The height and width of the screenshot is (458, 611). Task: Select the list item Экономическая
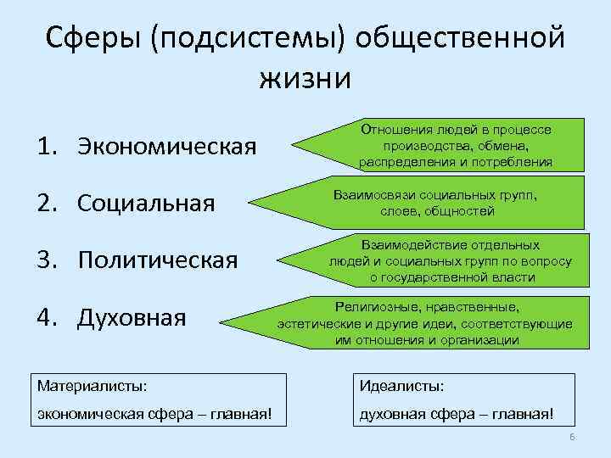[x=167, y=147]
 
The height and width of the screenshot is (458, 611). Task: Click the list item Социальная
[x=145, y=204]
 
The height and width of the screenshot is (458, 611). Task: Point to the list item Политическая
[x=158, y=260]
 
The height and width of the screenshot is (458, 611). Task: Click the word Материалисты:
[x=92, y=386]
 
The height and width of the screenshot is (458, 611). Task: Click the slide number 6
[x=572, y=437]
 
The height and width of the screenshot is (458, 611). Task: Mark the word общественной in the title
[x=461, y=39]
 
